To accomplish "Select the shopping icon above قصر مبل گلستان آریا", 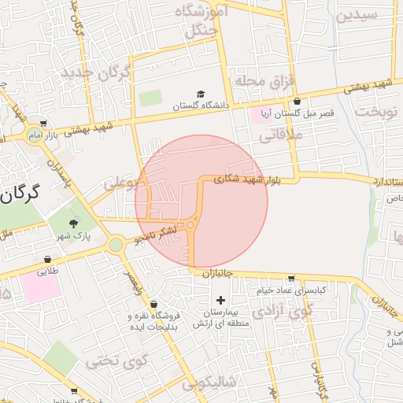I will [x=297, y=102].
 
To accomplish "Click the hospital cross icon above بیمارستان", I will [x=220, y=300].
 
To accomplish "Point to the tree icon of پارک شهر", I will [x=74, y=224].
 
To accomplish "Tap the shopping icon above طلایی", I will [x=48, y=259].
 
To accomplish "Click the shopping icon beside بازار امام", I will [x=43, y=124].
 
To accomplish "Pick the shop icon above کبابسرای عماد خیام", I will [x=292, y=278].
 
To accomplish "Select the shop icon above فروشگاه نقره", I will [x=153, y=304].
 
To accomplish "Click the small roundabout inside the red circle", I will [x=190, y=226].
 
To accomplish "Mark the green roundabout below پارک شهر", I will [x=116, y=245].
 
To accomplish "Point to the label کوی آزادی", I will [x=284, y=310].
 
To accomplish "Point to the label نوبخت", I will [x=378, y=111].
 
